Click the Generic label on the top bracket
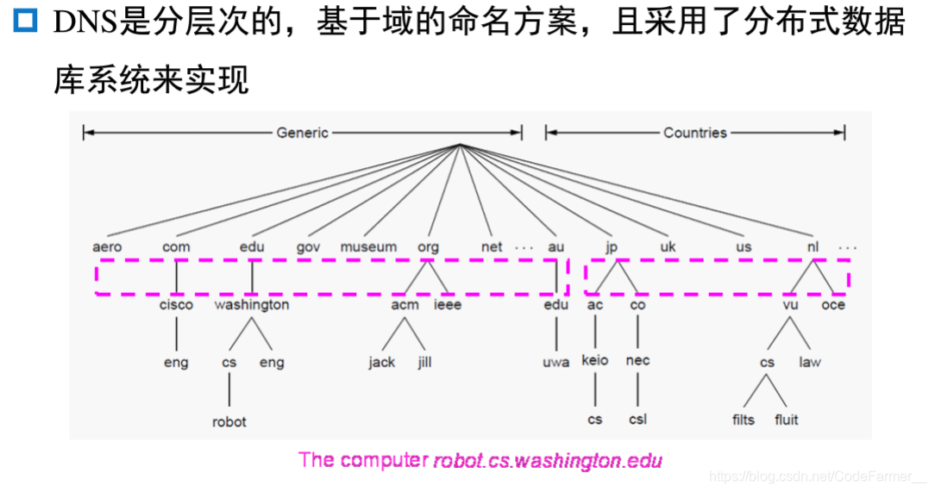pos(302,133)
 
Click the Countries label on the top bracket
pos(694,133)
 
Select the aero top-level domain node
pos(107,247)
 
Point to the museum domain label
pos(368,247)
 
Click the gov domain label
pos(308,247)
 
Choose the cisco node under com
pos(176,305)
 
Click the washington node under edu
pos(252,305)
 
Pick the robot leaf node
pos(229,422)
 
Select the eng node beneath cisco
pos(176,363)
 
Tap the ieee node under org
pos(448,305)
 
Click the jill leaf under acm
pos(424,363)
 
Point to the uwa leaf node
pos(556,363)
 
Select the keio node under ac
pos(595,361)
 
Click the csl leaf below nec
pos(637,420)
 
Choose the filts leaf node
pos(743,420)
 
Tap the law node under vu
pos(810,363)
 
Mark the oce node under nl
pos(833,305)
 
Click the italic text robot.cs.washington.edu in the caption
pos(547,461)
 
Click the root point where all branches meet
pos(461,144)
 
